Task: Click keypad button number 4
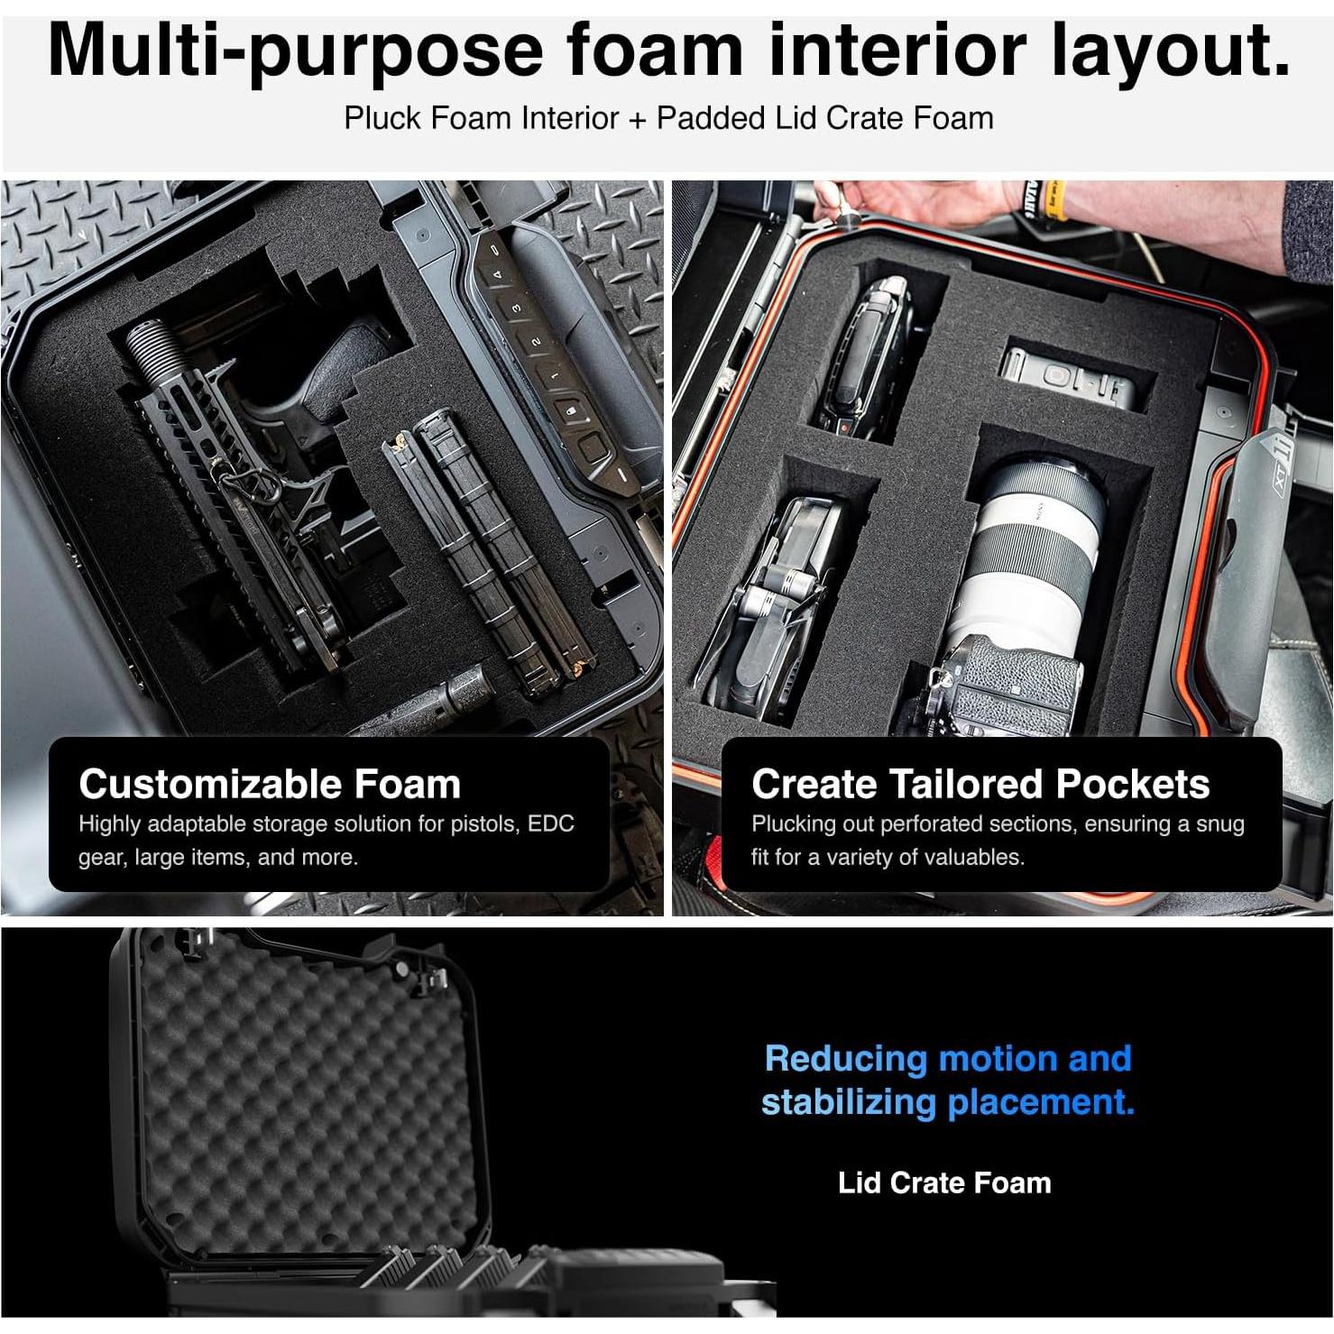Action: tap(495, 274)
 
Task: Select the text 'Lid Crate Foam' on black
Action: tap(944, 1182)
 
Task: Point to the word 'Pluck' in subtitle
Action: tap(380, 118)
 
